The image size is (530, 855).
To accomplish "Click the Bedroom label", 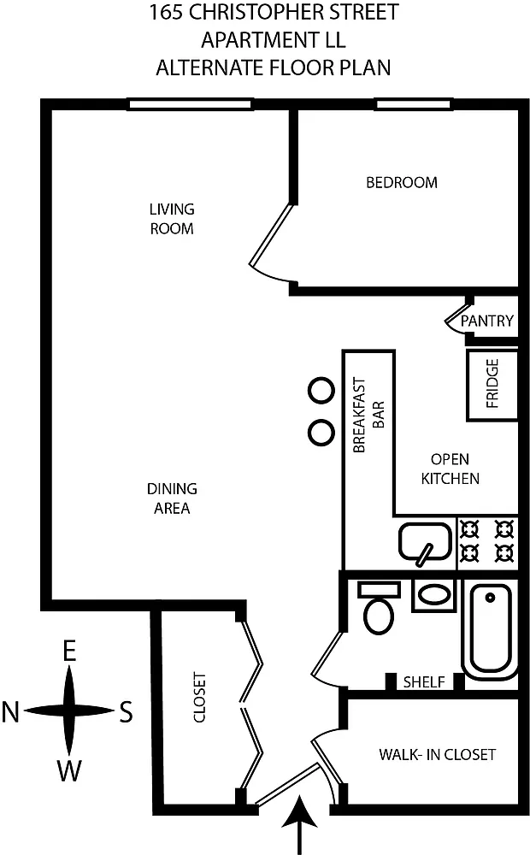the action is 401,182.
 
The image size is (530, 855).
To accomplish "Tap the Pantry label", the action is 487,321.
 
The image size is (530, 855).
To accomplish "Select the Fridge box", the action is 492,385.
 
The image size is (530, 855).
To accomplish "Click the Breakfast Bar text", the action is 369,415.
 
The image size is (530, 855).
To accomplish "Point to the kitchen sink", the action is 426,542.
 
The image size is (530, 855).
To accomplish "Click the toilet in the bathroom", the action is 379,607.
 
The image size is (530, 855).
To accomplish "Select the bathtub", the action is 490,628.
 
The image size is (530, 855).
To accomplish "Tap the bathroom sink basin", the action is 433,595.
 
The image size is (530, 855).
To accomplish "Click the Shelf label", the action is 424,681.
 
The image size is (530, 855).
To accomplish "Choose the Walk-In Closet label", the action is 438,755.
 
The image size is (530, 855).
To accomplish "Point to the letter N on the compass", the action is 11,712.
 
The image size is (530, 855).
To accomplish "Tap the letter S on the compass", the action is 126,712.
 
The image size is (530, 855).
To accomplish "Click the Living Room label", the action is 172,219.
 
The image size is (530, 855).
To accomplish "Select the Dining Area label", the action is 172,498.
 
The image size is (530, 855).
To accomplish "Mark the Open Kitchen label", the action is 450,469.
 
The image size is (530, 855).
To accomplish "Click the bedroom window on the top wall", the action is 413,104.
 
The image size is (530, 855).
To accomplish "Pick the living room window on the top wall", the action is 190,104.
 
